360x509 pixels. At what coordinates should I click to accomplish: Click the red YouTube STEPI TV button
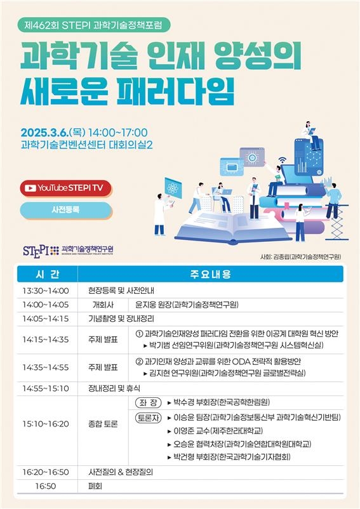(x=66, y=188)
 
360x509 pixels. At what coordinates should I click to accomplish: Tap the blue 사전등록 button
(x=66, y=209)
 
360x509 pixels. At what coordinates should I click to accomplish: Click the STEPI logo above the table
(x=68, y=250)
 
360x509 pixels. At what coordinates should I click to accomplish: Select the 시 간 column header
(x=48, y=274)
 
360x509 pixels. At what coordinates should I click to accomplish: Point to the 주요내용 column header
(x=210, y=274)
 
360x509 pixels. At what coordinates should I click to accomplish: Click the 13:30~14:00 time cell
(x=46, y=291)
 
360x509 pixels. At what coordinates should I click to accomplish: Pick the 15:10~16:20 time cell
(x=46, y=424)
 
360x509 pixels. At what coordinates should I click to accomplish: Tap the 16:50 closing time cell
(x=46, y=486)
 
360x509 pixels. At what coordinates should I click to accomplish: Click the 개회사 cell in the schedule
(x=103, y=305)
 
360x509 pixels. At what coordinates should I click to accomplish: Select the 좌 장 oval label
(x=149, y=403)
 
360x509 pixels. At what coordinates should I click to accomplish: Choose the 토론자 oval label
(x=149, y=418)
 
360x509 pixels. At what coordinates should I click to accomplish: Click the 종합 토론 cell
(x=103, y=424)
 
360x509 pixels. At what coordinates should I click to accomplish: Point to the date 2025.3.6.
(x=44, y=133)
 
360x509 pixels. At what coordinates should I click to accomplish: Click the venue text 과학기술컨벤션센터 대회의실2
(x=87, y=145)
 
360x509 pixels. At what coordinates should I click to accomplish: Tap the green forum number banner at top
(x=93, y=25)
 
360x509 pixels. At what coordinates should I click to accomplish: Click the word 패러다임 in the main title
(x=175, y=91)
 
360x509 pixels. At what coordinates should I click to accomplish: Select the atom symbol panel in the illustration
(x=173, y=188)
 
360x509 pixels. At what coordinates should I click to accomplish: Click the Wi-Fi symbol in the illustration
(x=283, y=160)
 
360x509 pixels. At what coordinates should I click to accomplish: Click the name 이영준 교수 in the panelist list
(x=191, y=431)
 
